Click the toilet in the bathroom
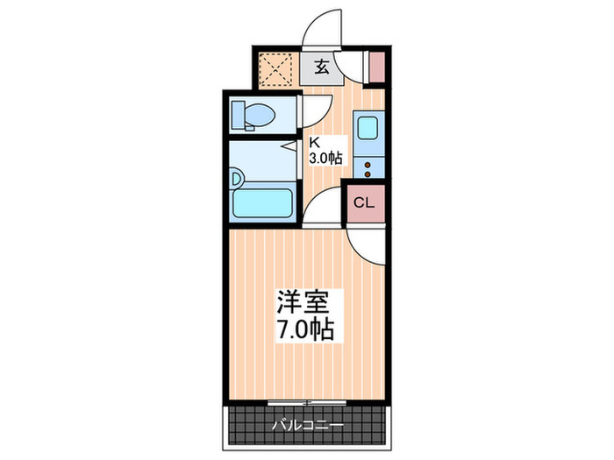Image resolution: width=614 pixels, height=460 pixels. tap(253, 115)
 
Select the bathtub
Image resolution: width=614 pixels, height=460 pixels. tap(262, 204)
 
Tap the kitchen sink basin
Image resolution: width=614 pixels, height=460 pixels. tap(367, 129)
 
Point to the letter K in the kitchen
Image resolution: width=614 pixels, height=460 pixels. tap(314, 141)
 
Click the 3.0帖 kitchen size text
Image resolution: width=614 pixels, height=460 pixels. tap(325, 159)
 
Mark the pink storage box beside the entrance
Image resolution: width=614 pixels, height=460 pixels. tap(376, 67)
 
